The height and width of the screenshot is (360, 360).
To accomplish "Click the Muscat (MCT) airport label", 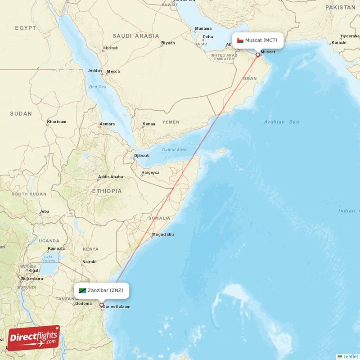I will [261, 40].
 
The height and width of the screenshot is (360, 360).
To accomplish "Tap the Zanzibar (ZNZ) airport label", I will [105, 290].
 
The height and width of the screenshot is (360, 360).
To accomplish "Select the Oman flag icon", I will [240, 40].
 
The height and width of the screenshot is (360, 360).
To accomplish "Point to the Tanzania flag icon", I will [82, 291].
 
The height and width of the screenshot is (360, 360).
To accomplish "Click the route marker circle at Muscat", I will [258, 55].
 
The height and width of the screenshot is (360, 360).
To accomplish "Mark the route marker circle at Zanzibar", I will [102, 305].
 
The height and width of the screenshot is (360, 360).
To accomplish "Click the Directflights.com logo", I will [33, 338].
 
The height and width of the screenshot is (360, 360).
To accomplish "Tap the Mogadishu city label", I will [162, 234].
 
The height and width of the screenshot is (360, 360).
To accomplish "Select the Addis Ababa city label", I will [110, 177].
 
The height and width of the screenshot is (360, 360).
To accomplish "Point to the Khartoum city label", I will [56, 122].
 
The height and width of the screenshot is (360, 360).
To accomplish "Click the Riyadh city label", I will [168, 43].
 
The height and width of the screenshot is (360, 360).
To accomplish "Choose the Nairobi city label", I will [89, 261].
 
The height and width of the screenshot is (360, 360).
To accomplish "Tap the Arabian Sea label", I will [282, 122].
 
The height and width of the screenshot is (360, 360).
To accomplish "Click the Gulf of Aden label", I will [174, 150].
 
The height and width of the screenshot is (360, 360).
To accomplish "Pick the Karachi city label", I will [339, 43].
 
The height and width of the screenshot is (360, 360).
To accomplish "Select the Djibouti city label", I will [141, 156].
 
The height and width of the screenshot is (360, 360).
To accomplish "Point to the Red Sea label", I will [98, 87].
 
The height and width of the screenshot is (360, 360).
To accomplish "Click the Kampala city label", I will [56, 248].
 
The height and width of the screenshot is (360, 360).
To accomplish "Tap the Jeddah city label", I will [94, 71].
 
